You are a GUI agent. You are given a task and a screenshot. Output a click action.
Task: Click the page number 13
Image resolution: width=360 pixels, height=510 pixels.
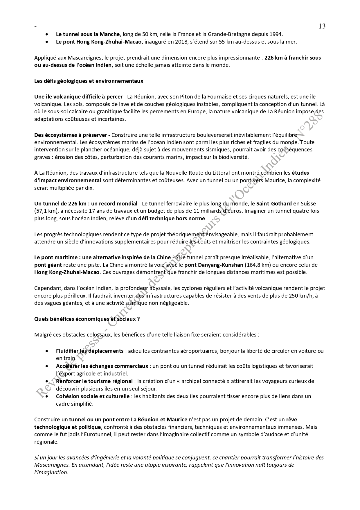click(322, 26)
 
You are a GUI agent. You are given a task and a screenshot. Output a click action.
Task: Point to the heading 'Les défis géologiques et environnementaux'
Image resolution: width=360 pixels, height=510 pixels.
click(89, 81)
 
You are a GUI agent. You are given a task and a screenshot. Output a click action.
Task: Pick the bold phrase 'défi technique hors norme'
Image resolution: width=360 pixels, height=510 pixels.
click(172, 219)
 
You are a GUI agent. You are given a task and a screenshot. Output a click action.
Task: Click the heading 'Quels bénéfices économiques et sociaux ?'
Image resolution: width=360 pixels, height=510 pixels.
click(87, 319)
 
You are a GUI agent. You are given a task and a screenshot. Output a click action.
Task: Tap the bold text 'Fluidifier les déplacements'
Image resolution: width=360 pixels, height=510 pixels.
click(90, 351)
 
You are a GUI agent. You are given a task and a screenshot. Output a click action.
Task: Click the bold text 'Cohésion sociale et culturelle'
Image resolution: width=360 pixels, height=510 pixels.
click(93, 396)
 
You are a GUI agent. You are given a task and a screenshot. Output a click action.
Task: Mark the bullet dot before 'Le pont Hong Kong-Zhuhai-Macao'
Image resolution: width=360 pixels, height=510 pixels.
click(47, 42)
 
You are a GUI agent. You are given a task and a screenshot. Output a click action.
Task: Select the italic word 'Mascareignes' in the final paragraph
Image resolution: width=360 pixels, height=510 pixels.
click(51, 465)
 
